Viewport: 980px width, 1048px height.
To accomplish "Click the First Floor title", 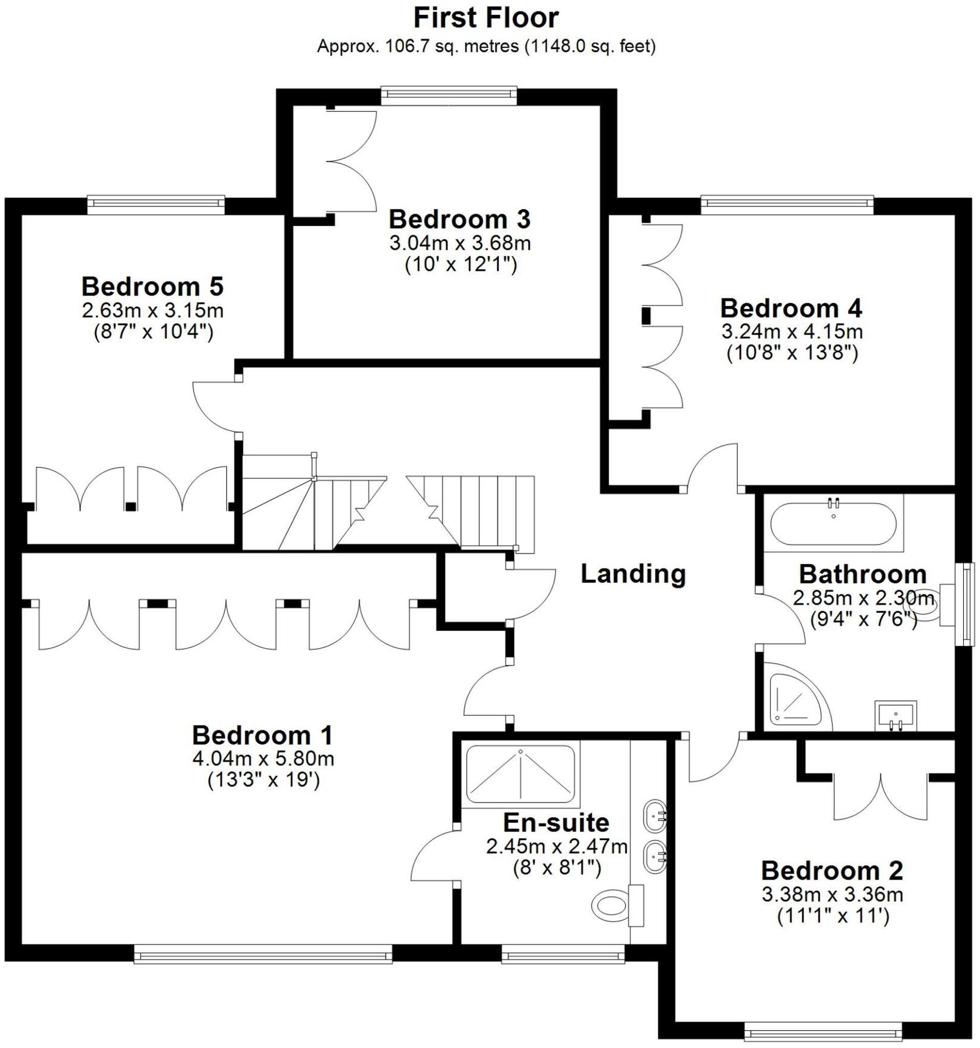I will pos(486,18).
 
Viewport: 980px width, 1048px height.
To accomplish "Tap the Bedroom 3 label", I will pos(459,220).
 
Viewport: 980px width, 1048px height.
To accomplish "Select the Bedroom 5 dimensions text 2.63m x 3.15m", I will pos(153,311).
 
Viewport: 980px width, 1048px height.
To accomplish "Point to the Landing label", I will pos(633,574).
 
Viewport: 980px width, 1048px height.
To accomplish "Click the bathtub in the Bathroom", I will pos(833,524).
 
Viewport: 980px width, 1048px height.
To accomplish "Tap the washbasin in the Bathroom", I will pos(896,715).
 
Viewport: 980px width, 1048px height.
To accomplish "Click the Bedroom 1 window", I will pos(263,954).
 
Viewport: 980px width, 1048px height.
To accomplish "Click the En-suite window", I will pos(562,954).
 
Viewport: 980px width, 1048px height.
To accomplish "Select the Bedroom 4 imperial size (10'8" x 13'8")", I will pos(792,353).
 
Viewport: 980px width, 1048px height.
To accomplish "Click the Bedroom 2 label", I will pos(832,870).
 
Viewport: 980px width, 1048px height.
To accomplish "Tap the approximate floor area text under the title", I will pos(486,47).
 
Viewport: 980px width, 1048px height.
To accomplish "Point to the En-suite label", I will pos(556,822).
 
